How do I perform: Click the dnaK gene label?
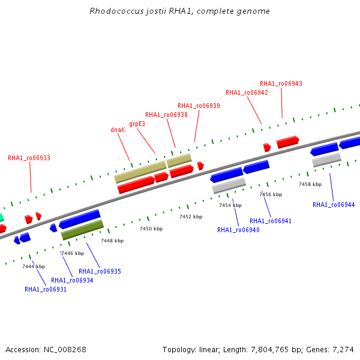(118, 130)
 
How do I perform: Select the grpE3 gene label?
(137, 124)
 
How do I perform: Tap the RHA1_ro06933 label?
(29, 158)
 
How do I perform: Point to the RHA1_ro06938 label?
(166, 115)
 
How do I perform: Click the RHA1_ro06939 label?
(199, 106)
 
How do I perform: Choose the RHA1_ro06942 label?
(247, 92)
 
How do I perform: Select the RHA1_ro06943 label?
(281, 83)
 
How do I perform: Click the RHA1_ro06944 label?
(334, 205)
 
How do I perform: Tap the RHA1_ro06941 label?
(271, 221)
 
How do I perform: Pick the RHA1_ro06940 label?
(238, 230)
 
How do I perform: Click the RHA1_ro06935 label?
(100, 271)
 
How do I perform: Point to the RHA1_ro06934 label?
(72, 280)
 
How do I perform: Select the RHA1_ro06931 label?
(46, 289)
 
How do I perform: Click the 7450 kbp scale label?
(151, 229)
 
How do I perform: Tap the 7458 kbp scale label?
(310, 184)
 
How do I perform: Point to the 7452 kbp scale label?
(191, 217)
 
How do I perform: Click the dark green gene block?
(82, 230)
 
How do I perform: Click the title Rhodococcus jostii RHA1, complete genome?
(180, 11)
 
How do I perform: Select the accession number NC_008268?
(65, 350)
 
